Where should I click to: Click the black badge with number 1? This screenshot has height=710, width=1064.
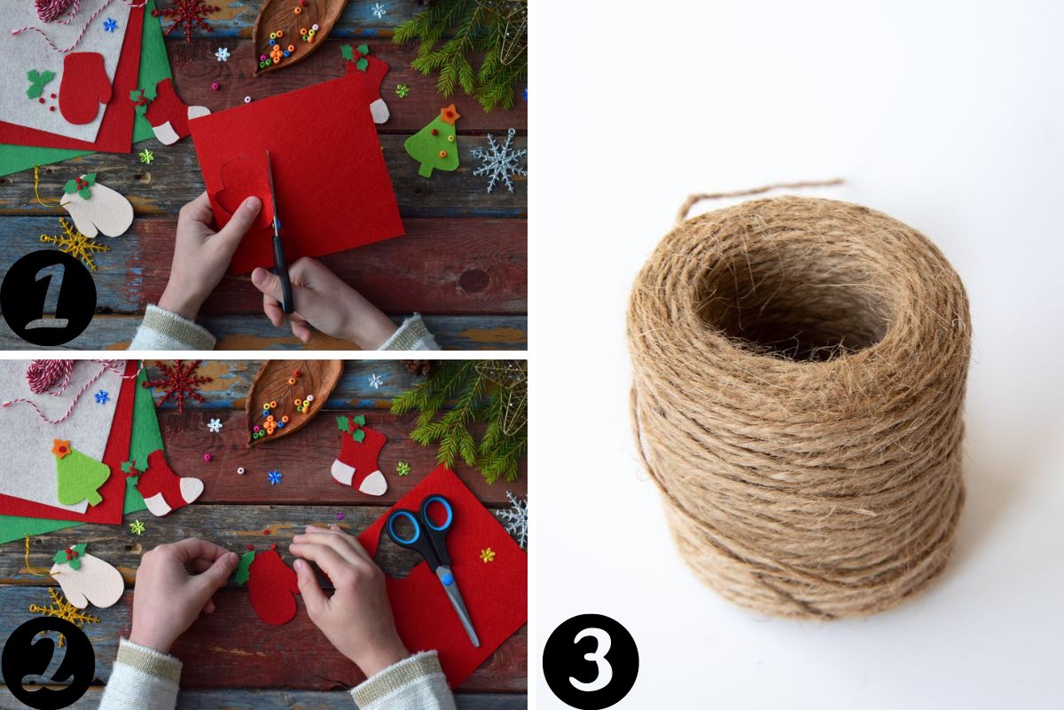click(x=49, y=297)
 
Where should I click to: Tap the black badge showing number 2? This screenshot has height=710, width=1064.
click(x=48, y=662)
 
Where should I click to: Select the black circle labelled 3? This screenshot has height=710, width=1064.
click(x=591, y=661)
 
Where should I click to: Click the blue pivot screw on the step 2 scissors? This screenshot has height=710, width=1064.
click(x=447, y=580)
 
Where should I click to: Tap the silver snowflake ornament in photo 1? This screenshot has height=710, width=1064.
click(x=500, y=160)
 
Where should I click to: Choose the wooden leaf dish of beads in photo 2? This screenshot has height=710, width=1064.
click(x=291, y=399)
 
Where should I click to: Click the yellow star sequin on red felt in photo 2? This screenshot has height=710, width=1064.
click(x=487, y=555)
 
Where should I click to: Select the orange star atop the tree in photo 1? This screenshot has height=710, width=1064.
click(x=450, y=114)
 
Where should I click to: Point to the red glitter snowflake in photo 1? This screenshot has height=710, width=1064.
click(x=187, y=17)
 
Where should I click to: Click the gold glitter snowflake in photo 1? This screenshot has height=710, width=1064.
click(x=75, y=244)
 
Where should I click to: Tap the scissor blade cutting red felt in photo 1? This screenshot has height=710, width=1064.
click(x=273, y=190)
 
